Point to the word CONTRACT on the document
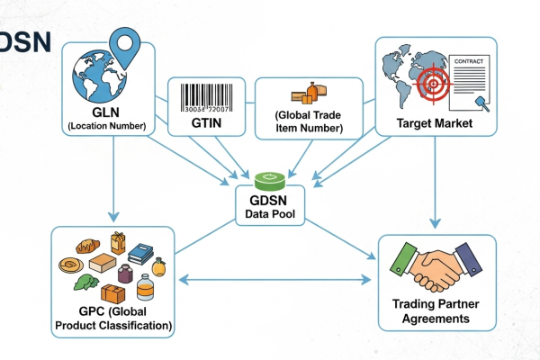pyautogui.click(x=471, y=61)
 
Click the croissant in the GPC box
pyautogui.click(x=86, y=245)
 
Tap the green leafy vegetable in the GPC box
pyautogui.click(x=83, y=286)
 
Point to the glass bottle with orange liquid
pyautogui.click(x=144, y=290)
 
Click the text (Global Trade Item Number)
pyautogui.click(x=309, y=121)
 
